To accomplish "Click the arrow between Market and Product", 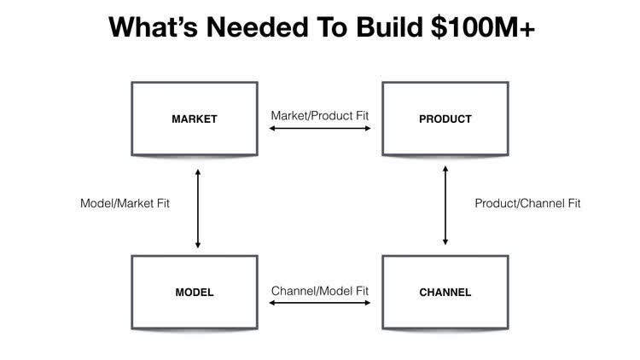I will tap(320, 129).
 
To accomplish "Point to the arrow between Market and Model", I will tap(198, 209).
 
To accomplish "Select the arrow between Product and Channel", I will tap(445, 205).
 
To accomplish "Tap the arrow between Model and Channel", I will tap(320, 302).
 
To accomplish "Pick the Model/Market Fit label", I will tap(124, 204).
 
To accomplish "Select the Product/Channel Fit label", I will tap(527, 204).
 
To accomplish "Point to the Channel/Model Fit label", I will tap(320, 291).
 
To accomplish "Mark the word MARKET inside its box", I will tap(195, 119).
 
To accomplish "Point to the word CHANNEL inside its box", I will tap(445, 293).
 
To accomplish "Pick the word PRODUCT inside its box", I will tap(445, 119).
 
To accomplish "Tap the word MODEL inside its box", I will tap(195, 293).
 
